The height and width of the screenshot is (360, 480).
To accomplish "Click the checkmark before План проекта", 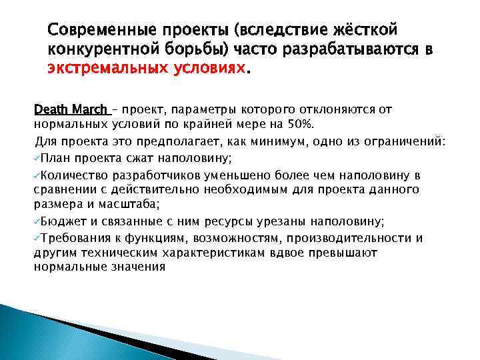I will point(37,157).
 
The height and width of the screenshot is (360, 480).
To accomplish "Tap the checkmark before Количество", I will point(37,174).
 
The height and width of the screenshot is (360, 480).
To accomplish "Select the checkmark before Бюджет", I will point(37,222).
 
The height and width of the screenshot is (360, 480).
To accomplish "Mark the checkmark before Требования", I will point(37,238).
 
